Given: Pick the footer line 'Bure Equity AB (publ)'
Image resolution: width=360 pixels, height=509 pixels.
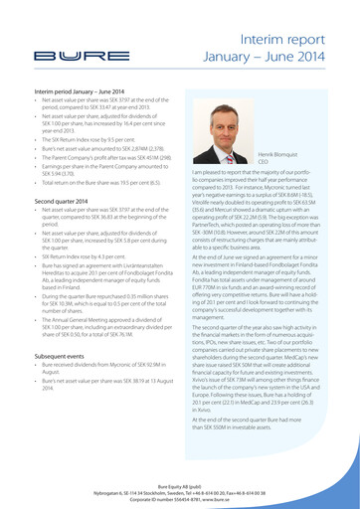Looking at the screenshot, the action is (x=180, y=479).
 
